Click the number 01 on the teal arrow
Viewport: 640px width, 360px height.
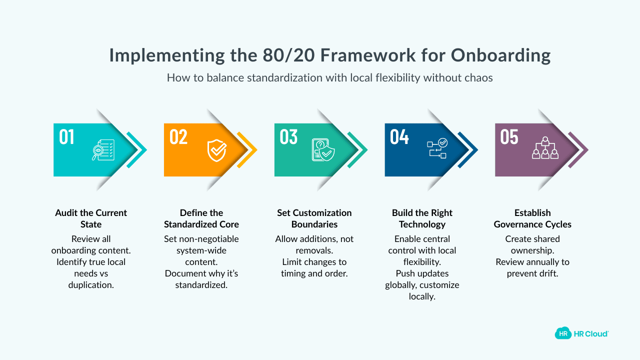[x=66, y=137]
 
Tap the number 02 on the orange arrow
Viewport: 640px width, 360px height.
[x=178, y=137]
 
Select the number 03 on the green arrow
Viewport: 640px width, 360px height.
[x=288, y=137]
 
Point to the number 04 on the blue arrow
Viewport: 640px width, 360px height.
[x=399, y=137]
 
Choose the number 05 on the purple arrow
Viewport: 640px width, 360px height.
[x=509, y=137]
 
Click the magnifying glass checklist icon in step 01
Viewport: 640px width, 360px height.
[x=103, y=150]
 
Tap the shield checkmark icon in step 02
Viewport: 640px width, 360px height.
[x=217, y=150]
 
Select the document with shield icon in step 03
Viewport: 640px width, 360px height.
[x=323, y=150]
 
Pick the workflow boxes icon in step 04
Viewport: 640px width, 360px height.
[x=437, y=149]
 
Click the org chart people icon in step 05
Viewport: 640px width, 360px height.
[x=544, y=148]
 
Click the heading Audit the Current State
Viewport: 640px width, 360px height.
[x=91, y=218]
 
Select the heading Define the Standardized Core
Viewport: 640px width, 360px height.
[x=201, y=218]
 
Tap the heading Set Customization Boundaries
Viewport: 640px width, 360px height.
[x=314, y=218]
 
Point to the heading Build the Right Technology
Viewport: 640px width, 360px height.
[x=422, y=218]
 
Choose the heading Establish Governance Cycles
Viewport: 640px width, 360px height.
[x=532, y=218]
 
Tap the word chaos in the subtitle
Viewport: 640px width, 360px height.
[x=478, y=78]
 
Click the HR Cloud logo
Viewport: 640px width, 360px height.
[x=581, y=333]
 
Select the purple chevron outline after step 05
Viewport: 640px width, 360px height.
[x=580, y=150]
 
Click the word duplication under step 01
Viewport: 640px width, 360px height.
[x=91, y=285]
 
